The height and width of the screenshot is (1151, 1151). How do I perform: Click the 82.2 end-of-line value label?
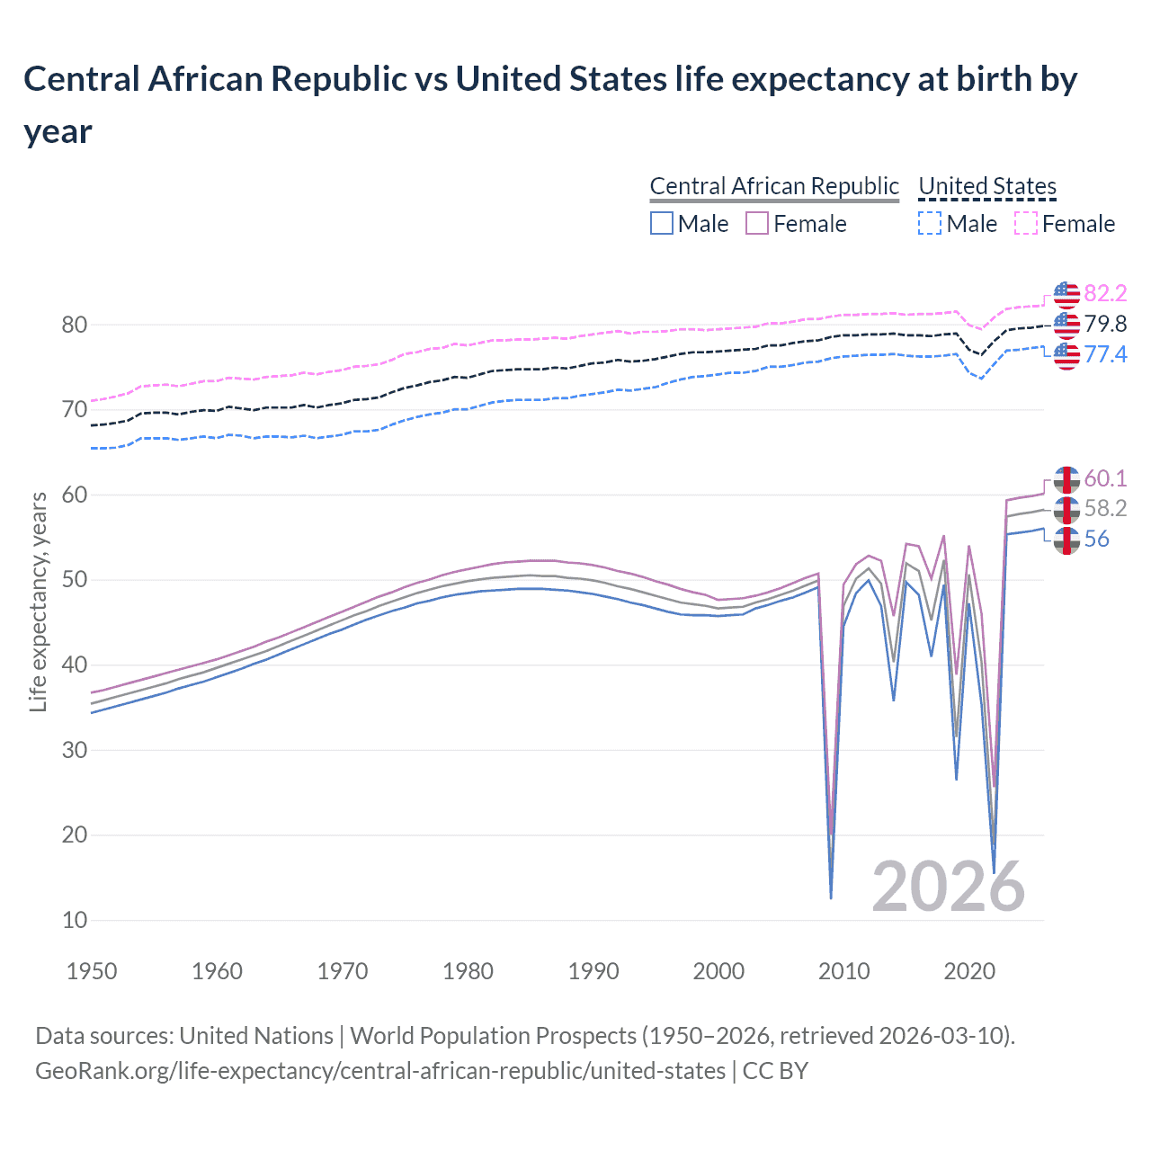click(1105, 294)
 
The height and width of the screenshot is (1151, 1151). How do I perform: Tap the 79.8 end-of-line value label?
click(1105, 324)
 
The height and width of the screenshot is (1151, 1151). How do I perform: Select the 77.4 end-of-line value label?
click(1105, 354)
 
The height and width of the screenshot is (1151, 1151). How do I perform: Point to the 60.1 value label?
click(1105, 478)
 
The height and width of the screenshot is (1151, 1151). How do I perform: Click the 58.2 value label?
click(1105, 508)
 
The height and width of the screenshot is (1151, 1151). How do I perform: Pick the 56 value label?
click(1096, 539)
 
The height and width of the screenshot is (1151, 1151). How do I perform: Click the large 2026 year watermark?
click(948, 887)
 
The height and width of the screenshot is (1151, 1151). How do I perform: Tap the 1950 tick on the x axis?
click(92, 971)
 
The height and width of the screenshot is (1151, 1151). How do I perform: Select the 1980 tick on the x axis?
click(468, 971)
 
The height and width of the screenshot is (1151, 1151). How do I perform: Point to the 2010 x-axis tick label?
click(843, 971)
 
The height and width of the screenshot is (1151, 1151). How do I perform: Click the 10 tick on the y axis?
click(75, 920)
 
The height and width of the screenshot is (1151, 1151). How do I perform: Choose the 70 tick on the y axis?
click(75, 410)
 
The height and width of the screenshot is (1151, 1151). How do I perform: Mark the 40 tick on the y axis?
click(75, 665)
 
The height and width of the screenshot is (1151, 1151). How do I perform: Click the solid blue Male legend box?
click(662, 224)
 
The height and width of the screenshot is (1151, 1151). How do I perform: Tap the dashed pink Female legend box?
click(1025, 224)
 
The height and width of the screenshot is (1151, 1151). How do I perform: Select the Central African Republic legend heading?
click(774, 186)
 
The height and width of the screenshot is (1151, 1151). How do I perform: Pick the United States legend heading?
click(987, 186)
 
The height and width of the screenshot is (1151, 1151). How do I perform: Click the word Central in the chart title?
click(81, 79)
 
